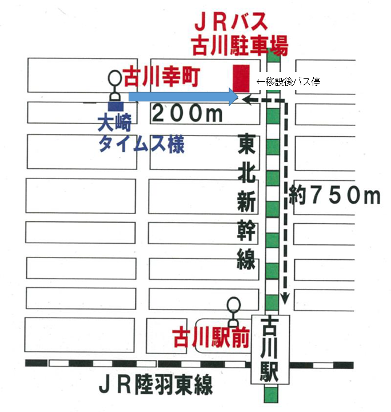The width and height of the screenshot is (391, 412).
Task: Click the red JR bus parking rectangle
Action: [x=241, y=78]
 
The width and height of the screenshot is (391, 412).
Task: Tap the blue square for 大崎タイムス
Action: [x=116, y=106]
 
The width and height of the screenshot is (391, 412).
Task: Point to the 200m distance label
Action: [x=187, y=114]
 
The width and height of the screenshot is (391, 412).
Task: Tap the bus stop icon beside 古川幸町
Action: [x=115, y=84]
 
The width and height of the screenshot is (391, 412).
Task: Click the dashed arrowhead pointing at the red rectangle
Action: [x=248, y=99]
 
